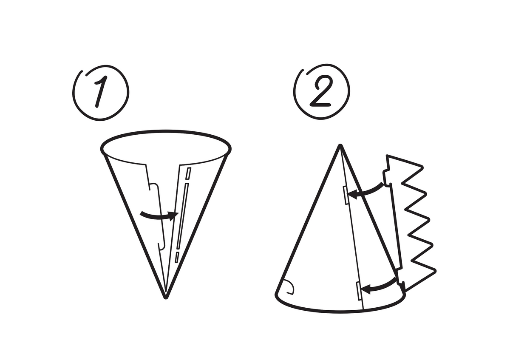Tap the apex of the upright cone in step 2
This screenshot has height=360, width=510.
coord(340,147)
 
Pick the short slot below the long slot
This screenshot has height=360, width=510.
coord(176,257)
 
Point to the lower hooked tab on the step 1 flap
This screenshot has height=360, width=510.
coord(161,245)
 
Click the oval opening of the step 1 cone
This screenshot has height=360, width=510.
coord(166,147)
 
